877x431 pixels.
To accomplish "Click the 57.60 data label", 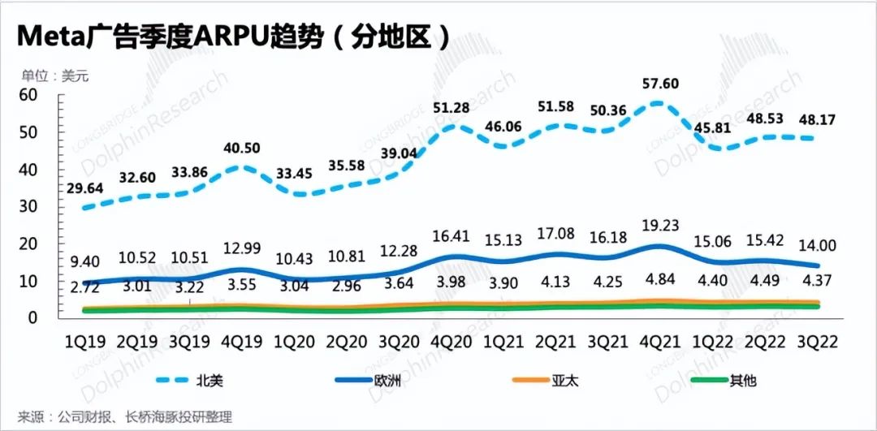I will pos(659,84).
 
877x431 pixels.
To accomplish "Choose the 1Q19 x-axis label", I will pos(86,342).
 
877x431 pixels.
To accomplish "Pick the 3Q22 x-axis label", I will pos(819,342).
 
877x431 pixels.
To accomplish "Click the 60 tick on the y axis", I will pos(28,94).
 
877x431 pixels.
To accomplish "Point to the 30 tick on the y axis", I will pos(28,207).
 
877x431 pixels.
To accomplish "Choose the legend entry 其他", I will pos(741,379).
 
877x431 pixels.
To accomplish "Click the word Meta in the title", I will pos(50,37).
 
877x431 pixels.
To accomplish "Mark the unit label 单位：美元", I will pos(54,76).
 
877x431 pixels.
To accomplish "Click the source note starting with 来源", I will pos(126,417).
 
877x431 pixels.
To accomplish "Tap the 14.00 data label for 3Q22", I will pos(820,245).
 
